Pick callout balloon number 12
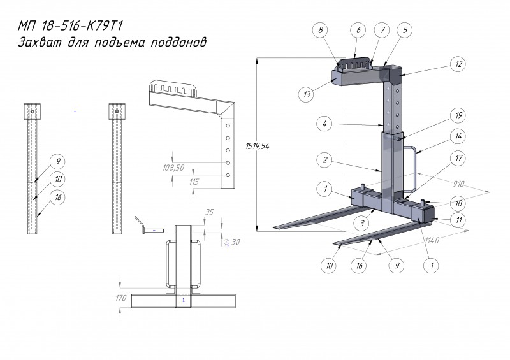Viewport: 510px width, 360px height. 458,64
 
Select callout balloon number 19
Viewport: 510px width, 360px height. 458,115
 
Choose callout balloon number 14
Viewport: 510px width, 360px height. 458,136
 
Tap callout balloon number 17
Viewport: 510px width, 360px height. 458,156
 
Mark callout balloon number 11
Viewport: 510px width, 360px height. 458,219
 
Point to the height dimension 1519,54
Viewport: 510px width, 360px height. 258,146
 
